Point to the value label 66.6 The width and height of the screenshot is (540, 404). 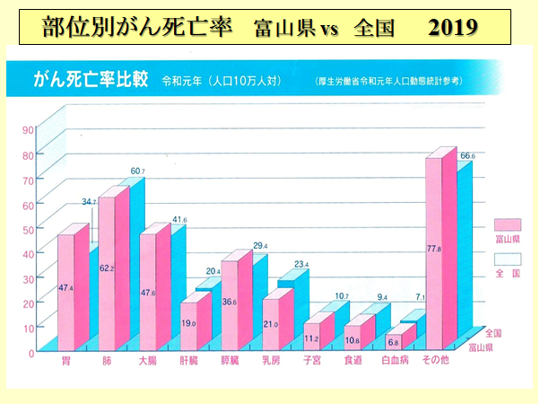(467, 156)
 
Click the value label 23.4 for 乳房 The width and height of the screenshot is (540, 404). (301, 264)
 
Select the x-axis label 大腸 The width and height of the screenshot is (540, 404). (148, 361)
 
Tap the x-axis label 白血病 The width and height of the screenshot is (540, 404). (395, 361)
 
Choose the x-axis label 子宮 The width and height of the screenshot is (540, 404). (311, 361)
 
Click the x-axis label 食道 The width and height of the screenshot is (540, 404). (353, 361)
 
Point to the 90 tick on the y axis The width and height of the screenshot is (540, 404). (29, 128)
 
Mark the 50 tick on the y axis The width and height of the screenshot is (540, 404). (29, 228)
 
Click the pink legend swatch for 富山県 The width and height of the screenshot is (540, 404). (508, 224)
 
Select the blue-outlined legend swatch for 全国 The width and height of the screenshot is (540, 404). (508, 258)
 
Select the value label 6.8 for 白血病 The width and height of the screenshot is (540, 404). (394, 341)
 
